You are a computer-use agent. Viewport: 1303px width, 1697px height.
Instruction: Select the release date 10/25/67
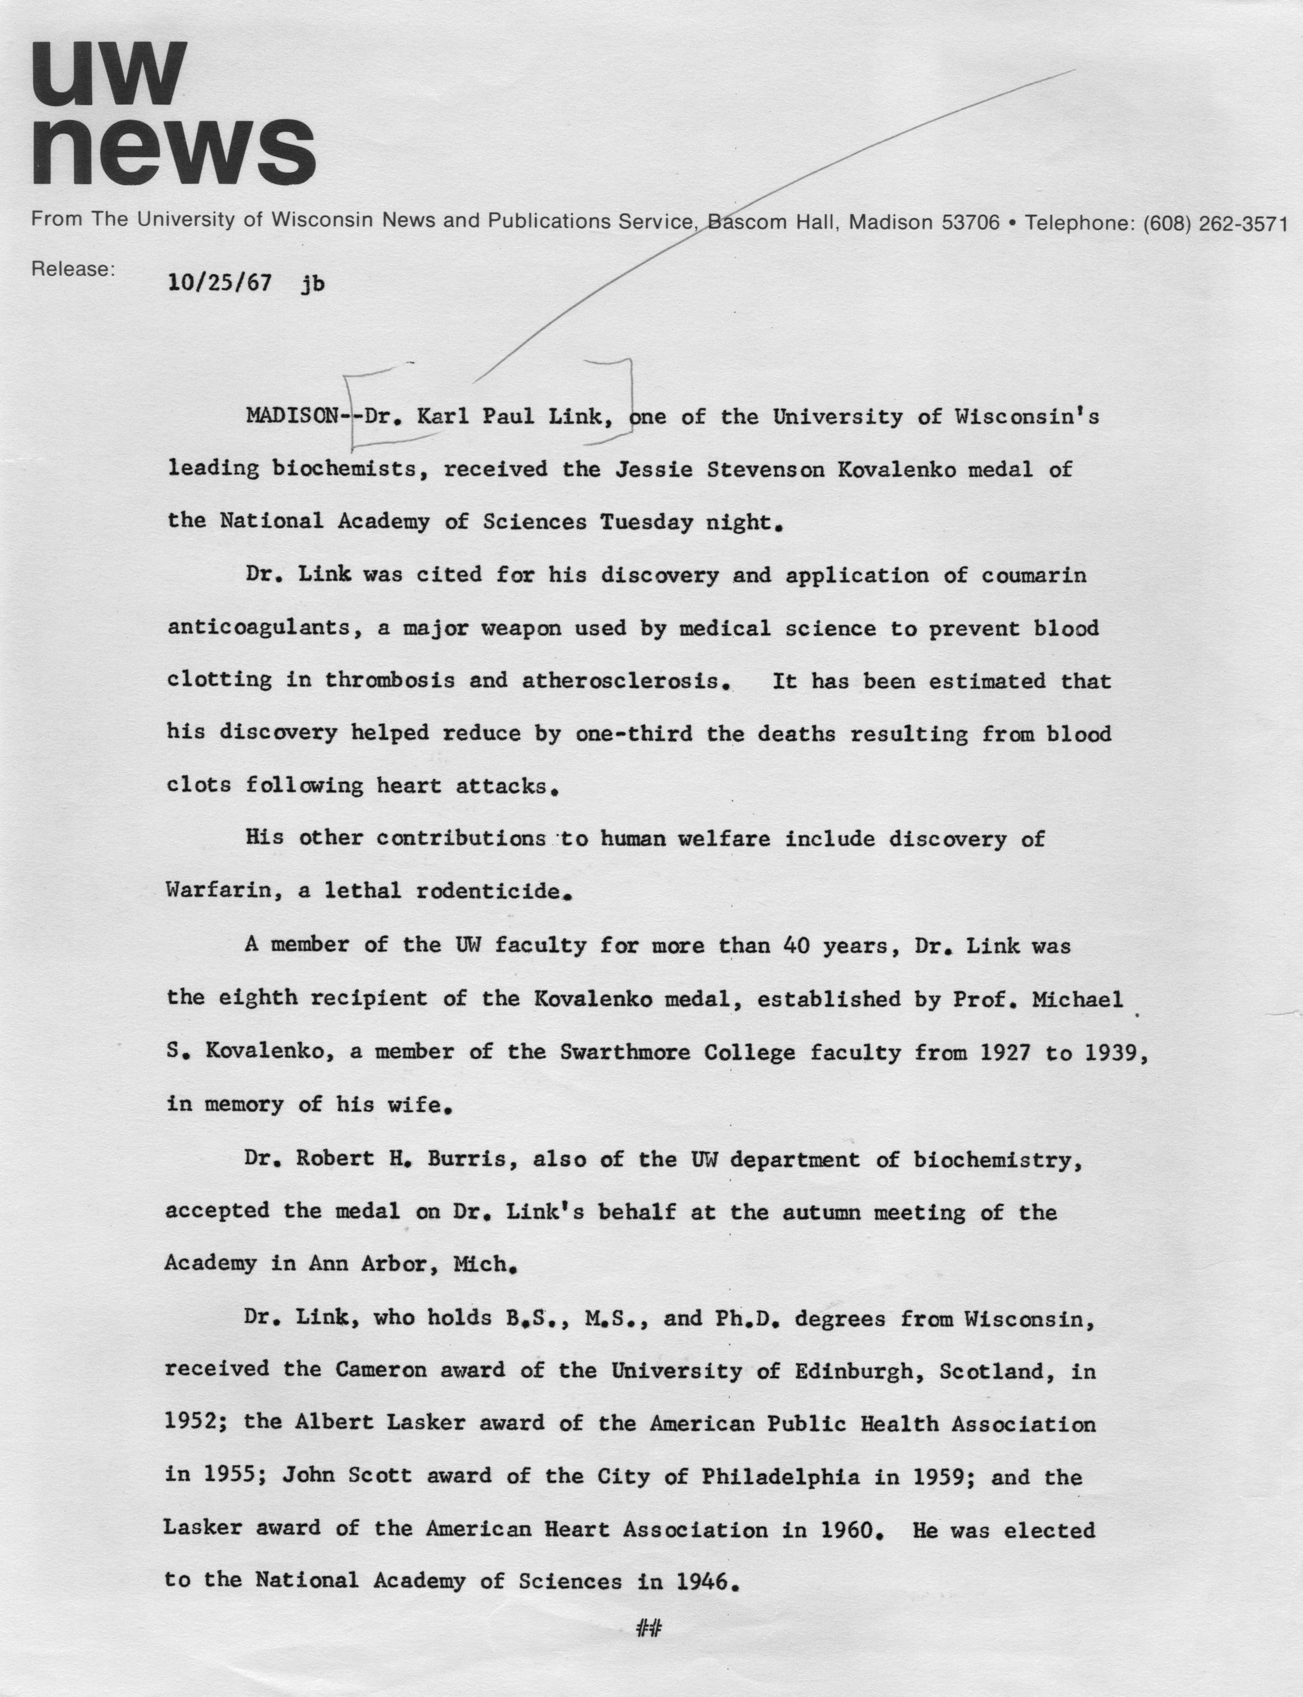pyautogui.click(x=219, y=283)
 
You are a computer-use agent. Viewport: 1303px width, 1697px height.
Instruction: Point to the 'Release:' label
pyautogui.click(x=73, y=269)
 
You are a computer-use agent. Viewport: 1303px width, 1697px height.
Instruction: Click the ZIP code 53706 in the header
pyautogui.click(x=969, y=224)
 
